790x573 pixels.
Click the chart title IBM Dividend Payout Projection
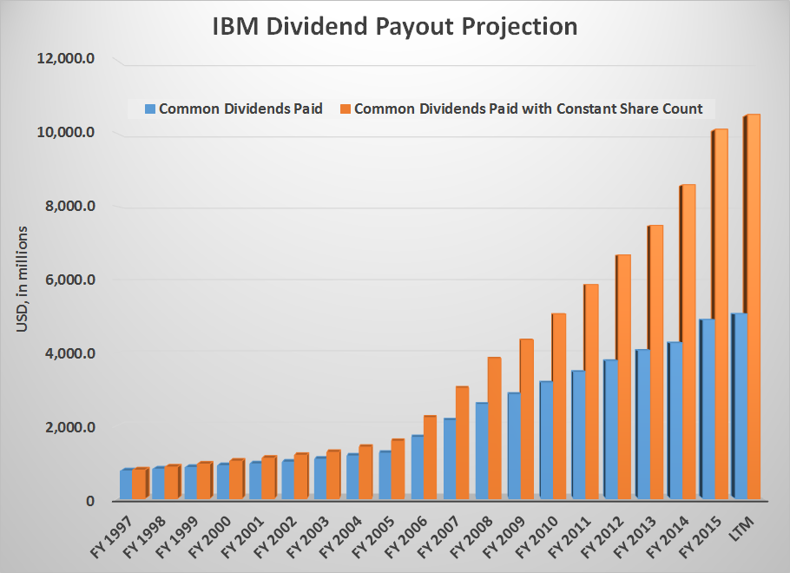tap(395, 27)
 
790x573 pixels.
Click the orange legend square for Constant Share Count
tap(346, 109)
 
